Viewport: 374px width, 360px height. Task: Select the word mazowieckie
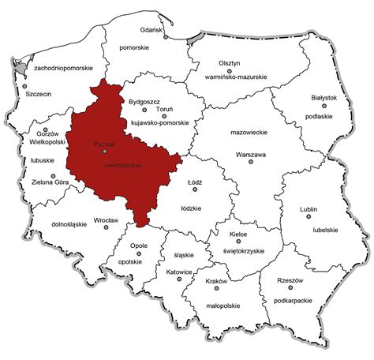click(x=246, y=135)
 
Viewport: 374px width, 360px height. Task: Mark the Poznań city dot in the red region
click(x=104, y=151)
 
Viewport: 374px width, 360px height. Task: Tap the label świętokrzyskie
click(x=240, y=249)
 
